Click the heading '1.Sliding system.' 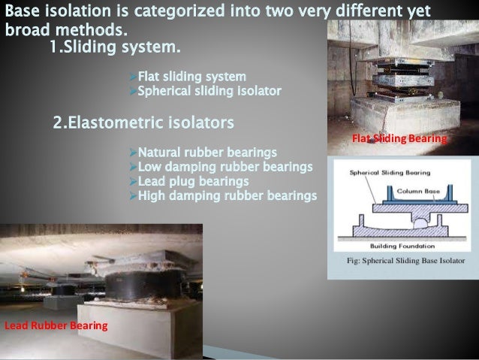point(114,50)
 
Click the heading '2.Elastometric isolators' point(143,121)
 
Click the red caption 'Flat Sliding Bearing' point(399,139)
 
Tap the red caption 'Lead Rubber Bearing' point(56,325)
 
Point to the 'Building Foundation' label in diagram point(402,245)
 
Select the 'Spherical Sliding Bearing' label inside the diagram point(384,172)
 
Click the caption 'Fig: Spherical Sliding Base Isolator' point(402,262)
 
